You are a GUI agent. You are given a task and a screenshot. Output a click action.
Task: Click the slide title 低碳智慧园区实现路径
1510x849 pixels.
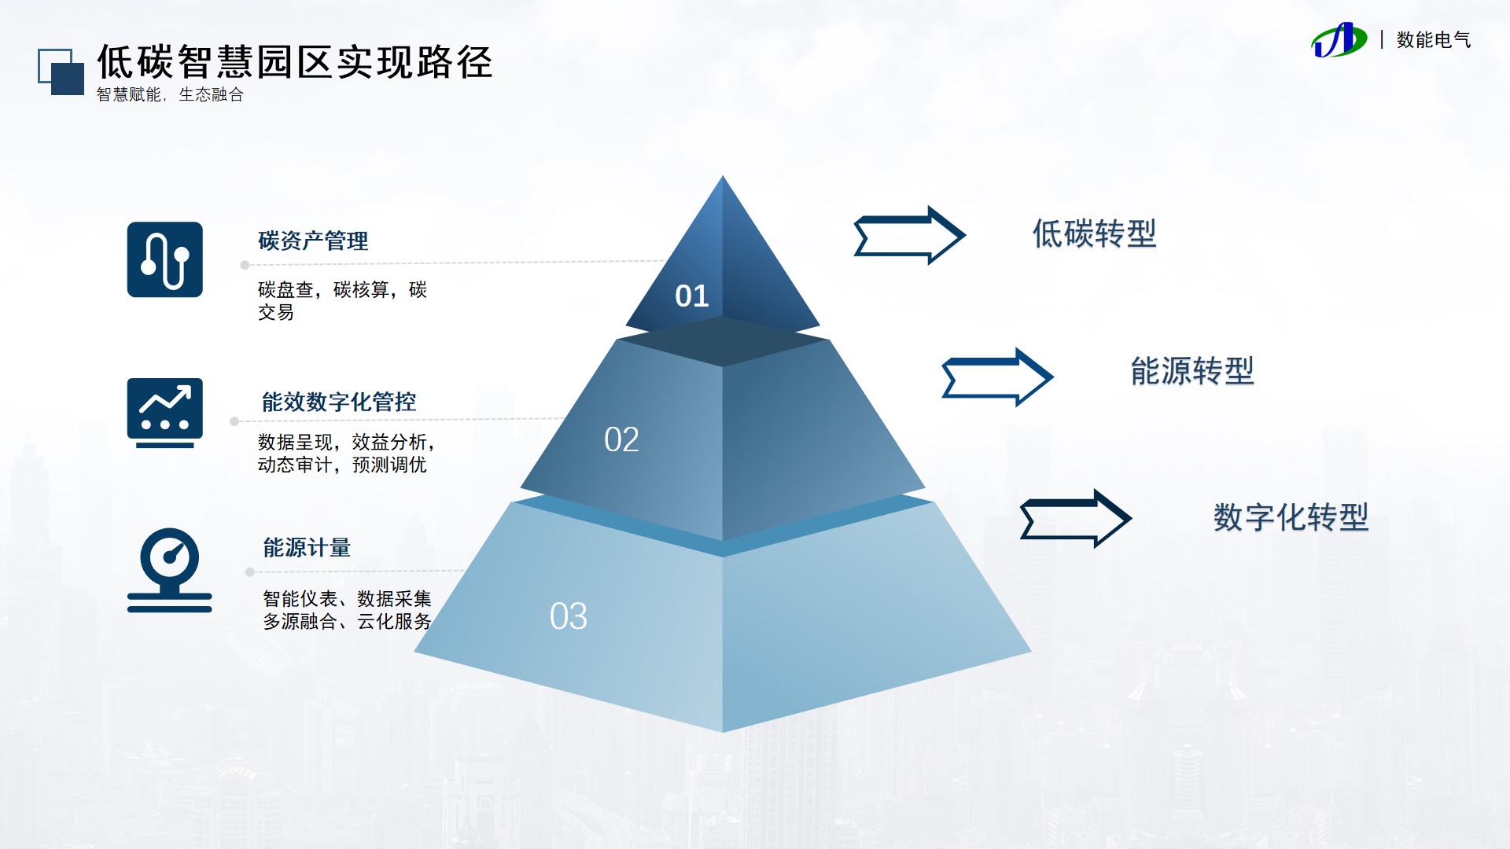[294, 62]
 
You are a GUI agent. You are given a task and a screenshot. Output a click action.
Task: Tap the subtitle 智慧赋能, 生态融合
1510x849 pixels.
[170, 95]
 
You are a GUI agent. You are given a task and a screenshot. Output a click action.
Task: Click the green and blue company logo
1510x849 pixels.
[1339, 40]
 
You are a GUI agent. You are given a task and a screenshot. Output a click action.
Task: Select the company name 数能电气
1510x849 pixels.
[1433, 40]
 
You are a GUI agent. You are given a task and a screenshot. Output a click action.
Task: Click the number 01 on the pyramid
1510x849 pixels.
[692, 296]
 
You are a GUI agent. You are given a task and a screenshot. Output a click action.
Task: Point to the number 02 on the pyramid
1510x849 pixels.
[621, 440]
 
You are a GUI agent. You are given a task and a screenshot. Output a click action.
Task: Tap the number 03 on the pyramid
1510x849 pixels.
[569, 617]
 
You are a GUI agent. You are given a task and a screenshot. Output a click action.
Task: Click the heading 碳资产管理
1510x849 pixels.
[313, 241]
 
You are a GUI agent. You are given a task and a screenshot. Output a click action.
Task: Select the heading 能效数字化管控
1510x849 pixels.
[339, 402]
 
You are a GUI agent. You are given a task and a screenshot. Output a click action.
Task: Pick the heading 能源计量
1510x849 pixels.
[307, 548]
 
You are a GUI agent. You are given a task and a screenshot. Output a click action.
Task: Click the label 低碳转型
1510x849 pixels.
[1094, 234]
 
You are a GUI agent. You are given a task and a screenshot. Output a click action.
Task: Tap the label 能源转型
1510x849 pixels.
[1192, 371]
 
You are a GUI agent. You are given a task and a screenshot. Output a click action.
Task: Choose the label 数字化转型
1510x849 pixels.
[1291, 517]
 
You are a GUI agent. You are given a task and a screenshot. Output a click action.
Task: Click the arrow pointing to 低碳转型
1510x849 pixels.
[909, 235]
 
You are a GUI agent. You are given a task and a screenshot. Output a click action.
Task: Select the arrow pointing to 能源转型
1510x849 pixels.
[997, 377]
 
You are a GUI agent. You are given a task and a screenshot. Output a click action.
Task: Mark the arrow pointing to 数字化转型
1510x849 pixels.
[1075, 519]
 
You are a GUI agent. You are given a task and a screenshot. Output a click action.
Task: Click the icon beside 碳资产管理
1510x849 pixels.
[165, 259]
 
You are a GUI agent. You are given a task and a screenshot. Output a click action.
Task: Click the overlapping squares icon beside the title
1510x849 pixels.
[61, 72]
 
